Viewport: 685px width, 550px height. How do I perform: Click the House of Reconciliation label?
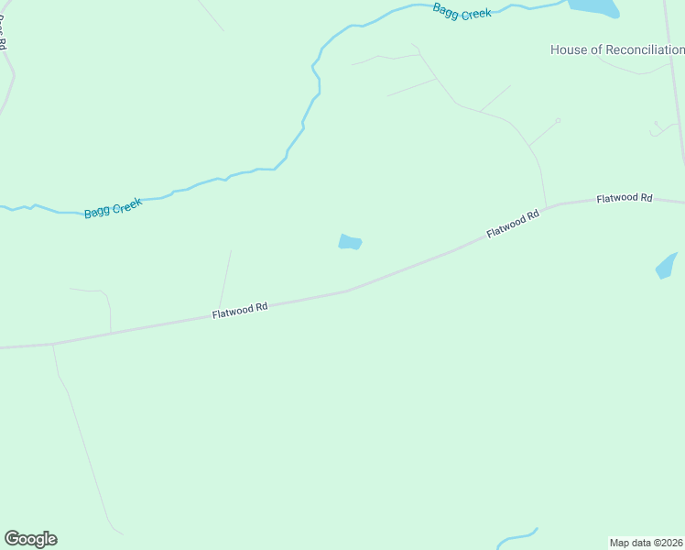(616, 49)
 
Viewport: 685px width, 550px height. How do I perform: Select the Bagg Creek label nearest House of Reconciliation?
(462, 12)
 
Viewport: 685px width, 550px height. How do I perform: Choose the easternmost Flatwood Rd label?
(624, 198)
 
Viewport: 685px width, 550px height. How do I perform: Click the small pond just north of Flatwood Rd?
(350, 242)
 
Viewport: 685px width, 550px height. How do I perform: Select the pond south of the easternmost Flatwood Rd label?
(666, 266)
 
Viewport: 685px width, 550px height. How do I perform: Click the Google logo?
(30, 539)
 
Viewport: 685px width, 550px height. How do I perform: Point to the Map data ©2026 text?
(646, 543)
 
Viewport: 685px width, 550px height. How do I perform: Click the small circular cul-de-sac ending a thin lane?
(558, 120)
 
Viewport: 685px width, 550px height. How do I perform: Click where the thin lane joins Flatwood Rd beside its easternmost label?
(547, 206)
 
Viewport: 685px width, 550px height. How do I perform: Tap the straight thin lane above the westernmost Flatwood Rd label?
(225, 277)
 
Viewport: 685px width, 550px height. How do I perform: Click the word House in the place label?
(567, 49)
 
